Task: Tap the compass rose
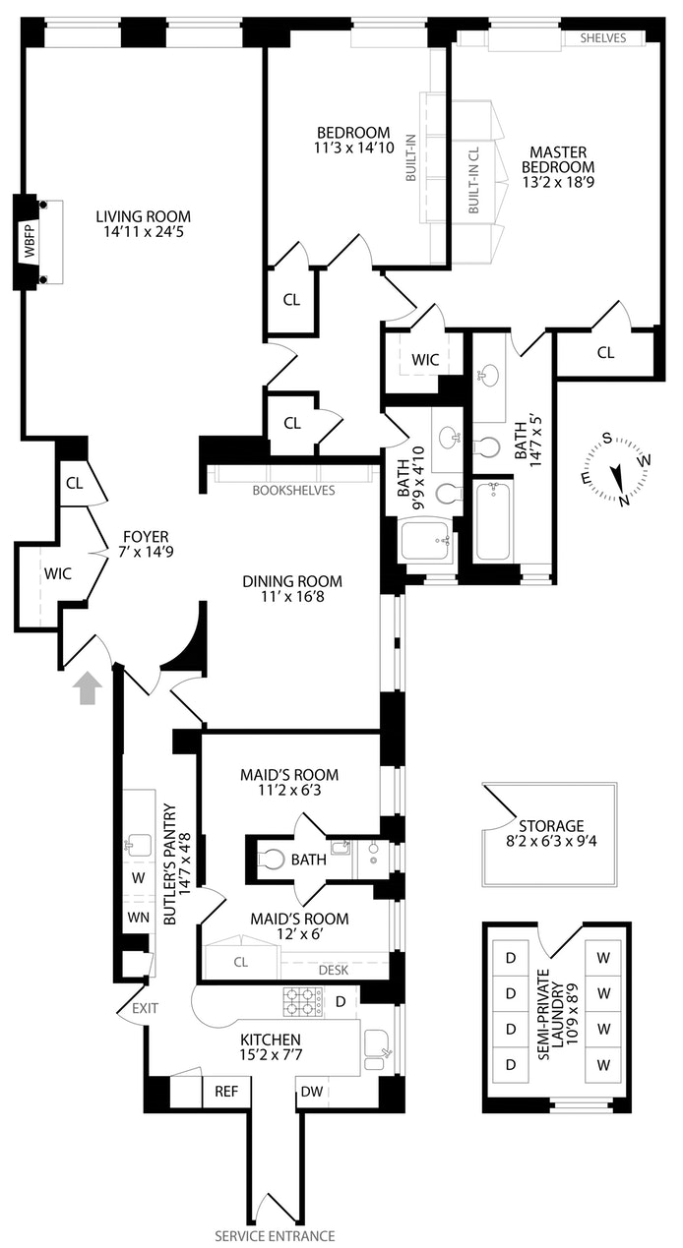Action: tap(616, 470)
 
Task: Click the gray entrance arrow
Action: tap(89, 687)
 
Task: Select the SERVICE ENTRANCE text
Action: tap(276, 1236)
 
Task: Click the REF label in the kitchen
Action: tap(226, 1091)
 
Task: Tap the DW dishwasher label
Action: tap(311, 1091)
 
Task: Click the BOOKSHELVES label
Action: tap(293, 490)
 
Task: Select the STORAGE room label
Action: tap(551, 826)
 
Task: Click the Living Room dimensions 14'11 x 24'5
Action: tap(144, 235)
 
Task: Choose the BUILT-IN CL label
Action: tap(472, 182)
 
